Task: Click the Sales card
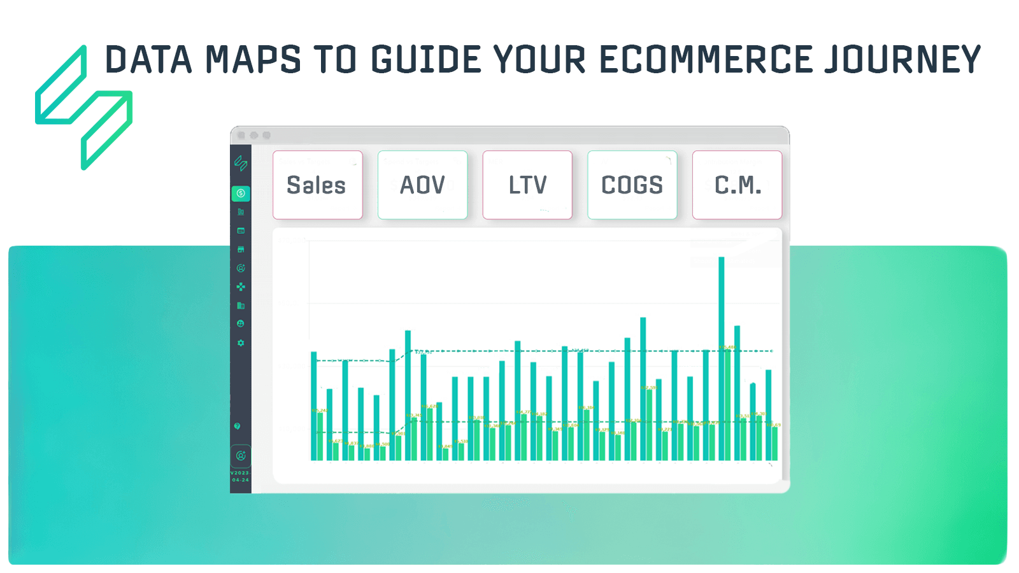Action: coord(317,185)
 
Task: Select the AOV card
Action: coord(422,185)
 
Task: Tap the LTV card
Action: coord(527,185)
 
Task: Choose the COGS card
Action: coord(632,185)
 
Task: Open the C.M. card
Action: coord(737,185)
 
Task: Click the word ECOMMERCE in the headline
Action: coord(706,60)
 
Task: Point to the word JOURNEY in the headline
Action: coord(902,60)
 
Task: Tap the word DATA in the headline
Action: coord(148,60)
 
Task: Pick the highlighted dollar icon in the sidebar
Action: coord(241,193)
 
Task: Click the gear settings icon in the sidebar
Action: coord(241,343)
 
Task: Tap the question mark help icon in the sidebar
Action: coord(237,426)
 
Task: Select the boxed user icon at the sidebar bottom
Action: coord(241,456)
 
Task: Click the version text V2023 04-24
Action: coord(240,476)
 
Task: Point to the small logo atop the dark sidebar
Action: coord(241,163)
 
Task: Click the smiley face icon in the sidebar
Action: coord(241,323)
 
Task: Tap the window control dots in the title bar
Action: coord(253,135)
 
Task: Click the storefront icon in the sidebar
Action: coord(241,249)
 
